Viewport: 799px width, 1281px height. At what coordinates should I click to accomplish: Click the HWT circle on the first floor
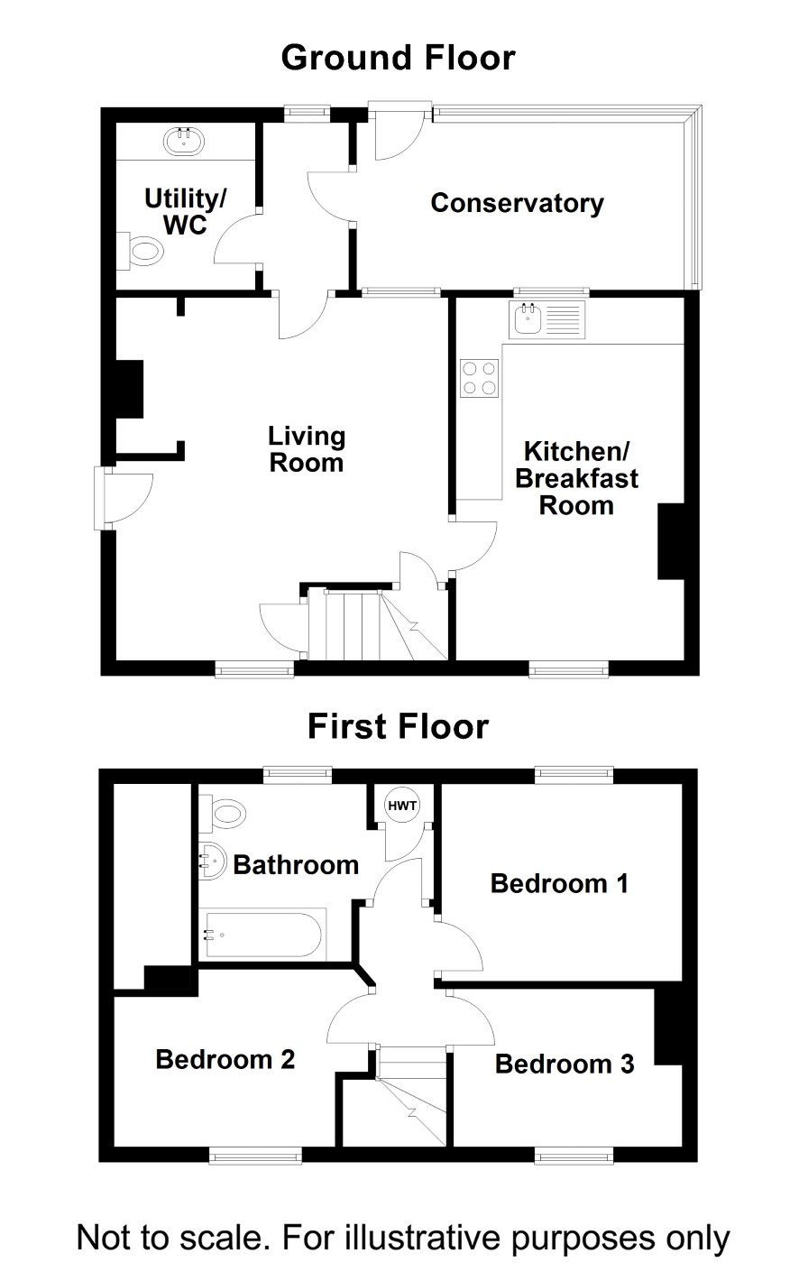tap(402, 806)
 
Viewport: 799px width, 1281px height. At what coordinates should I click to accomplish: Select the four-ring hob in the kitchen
tap(479, 378)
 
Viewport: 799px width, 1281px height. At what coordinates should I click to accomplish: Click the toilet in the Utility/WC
tap(140, 251)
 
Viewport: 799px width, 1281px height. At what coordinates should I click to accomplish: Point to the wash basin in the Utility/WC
tap(183, 141)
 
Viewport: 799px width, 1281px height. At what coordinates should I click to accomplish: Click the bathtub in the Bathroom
tap(262, 935)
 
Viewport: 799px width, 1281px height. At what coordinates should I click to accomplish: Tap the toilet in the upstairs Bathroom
tap(223, 813)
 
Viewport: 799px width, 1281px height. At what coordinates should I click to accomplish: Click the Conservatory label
tap(518, 203)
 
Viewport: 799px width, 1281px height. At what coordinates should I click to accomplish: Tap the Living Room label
tap(307, 449)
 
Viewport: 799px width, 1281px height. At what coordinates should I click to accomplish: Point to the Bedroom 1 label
tap(559, 883)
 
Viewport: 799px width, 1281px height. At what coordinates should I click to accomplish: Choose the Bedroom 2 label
tap(225, 1059)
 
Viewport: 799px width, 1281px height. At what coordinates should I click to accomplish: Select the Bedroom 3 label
tap(565, 1064)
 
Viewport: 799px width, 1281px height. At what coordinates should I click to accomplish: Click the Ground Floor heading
tap(399, 58)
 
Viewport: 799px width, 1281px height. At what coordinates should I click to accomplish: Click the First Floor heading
tap(399, 726)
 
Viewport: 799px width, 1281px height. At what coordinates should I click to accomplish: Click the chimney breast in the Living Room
tap(130, 389)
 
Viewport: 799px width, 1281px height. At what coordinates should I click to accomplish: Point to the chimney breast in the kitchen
tap(671, 541)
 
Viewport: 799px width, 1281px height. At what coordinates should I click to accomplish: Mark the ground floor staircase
tap(378, 625)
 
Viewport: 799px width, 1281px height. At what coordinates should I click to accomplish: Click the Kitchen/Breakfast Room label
tap(576, 478)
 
